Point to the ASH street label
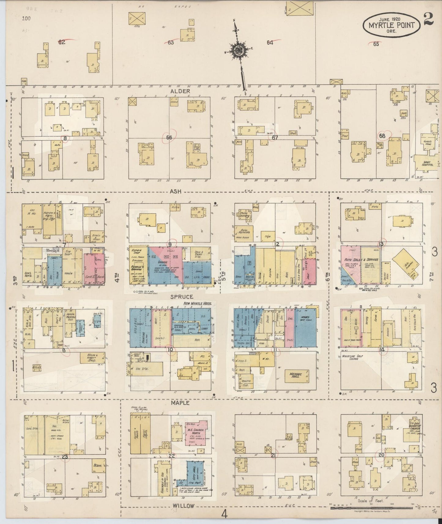[176, 192]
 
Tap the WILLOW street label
[184, 506]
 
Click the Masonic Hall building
[297, 375]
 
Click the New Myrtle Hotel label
[197, 304]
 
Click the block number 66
[169, 138]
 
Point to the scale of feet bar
[371, 508]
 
